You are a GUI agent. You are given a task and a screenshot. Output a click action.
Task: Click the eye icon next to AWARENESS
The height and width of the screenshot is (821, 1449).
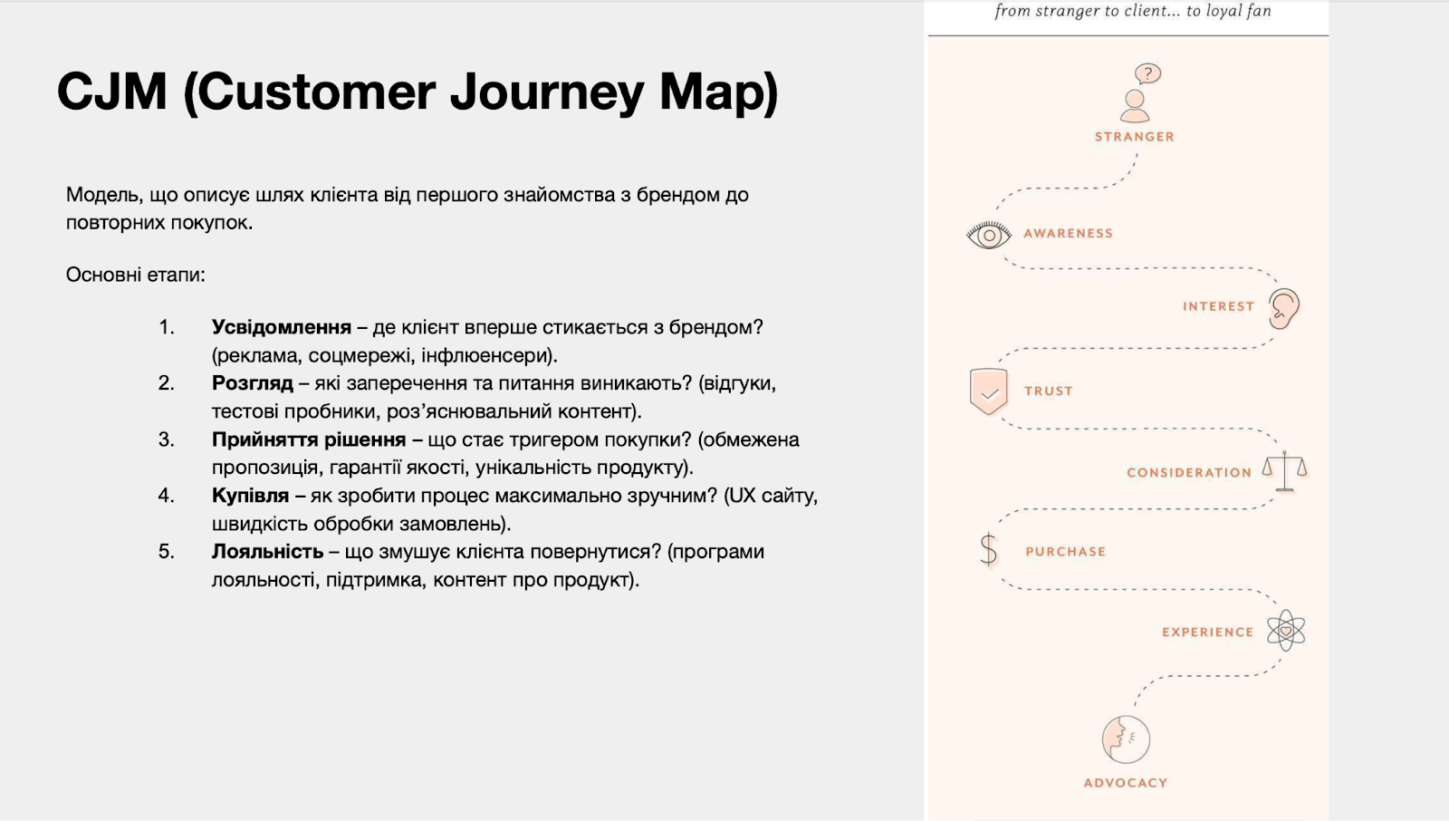pos(988,235)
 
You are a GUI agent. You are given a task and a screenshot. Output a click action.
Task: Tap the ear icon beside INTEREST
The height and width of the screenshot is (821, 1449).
pos(1284,308)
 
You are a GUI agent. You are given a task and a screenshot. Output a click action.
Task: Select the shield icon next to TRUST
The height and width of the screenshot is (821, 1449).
pos(988,391)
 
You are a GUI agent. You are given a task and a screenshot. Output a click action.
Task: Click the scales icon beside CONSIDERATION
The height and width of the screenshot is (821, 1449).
pos(1285,471)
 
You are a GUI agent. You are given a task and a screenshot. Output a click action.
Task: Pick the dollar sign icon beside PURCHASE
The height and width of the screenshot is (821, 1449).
pos(988,550)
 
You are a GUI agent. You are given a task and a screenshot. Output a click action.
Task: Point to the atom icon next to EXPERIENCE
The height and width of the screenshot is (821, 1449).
pos(1286,630)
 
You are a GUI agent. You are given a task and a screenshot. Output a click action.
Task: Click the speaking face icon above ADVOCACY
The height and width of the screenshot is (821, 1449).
pos(1126,739)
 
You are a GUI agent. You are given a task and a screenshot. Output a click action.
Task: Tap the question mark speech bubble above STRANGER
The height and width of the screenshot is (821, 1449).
pos(1147,73)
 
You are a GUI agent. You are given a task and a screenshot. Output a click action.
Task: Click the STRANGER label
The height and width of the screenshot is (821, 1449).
pos(1135,137)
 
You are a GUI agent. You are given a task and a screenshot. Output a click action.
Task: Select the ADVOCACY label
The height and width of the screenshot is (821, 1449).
pos(1126,783)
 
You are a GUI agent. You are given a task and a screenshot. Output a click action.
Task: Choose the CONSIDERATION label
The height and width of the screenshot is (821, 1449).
pos(1189,473)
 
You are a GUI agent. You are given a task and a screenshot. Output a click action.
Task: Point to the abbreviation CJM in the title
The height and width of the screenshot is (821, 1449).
pos(112,92)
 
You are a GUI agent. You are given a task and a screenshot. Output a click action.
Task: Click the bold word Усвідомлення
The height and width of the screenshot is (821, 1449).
pos(282,327)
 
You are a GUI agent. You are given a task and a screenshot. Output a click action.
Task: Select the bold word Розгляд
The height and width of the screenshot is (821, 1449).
pos(253,383)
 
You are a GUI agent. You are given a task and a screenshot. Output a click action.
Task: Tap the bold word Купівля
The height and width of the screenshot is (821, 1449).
pos(250,496)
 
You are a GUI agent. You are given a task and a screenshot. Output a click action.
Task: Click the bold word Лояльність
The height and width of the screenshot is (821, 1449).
pos(268,552)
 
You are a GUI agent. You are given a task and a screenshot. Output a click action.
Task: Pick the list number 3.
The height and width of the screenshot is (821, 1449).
pos(166,439)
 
